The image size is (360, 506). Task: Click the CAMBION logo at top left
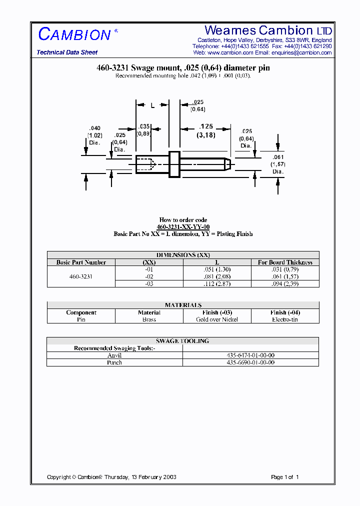(x=74, y=34)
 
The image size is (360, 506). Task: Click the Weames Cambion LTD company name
(x=268, y=30)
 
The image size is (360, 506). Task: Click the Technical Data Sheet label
(x=67, y=52)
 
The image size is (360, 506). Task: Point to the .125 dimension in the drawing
(x=206, y=127)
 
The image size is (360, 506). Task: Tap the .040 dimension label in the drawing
(x=94, y=128)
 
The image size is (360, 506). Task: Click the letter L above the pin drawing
(x=152, y=105)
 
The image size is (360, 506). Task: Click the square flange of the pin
(x=174, y=163)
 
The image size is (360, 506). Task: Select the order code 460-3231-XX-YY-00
(x=183, y=227)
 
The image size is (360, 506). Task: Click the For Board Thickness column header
(x=285, y=262)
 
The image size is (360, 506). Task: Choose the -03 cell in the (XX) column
(x=149, y=283)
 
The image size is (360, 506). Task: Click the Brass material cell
(x=149, y=319)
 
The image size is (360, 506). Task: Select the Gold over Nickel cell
(x=217, y=319)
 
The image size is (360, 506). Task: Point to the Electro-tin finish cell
(x=285, y=319)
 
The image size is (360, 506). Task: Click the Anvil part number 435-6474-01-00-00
(x=250, y=355)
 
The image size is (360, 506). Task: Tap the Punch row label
(x=114, y=362)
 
